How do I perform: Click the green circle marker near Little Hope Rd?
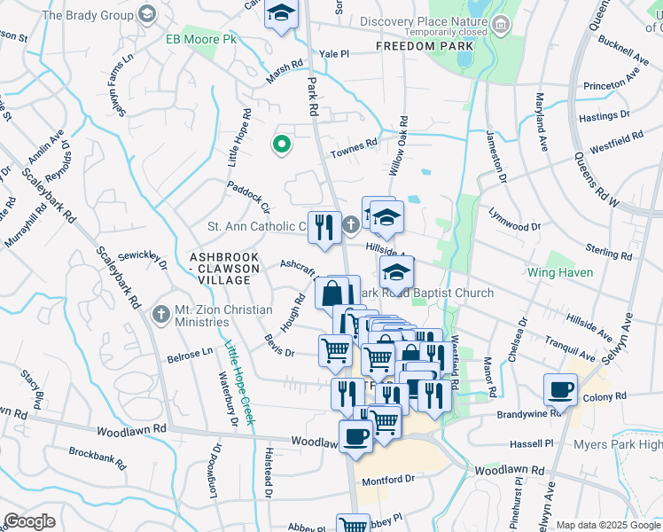point(282,144)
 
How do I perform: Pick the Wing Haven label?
point(560,272)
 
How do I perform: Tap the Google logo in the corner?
point(30,521)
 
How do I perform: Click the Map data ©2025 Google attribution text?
point(608,525)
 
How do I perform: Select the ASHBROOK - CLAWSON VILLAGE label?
point(223,268)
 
